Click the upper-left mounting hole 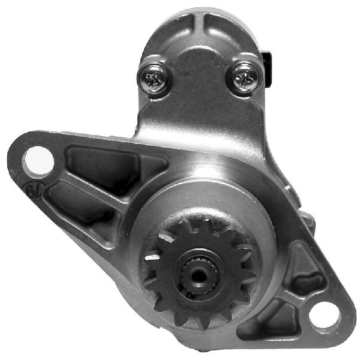pos(37,160)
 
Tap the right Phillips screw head pos(244,79)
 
